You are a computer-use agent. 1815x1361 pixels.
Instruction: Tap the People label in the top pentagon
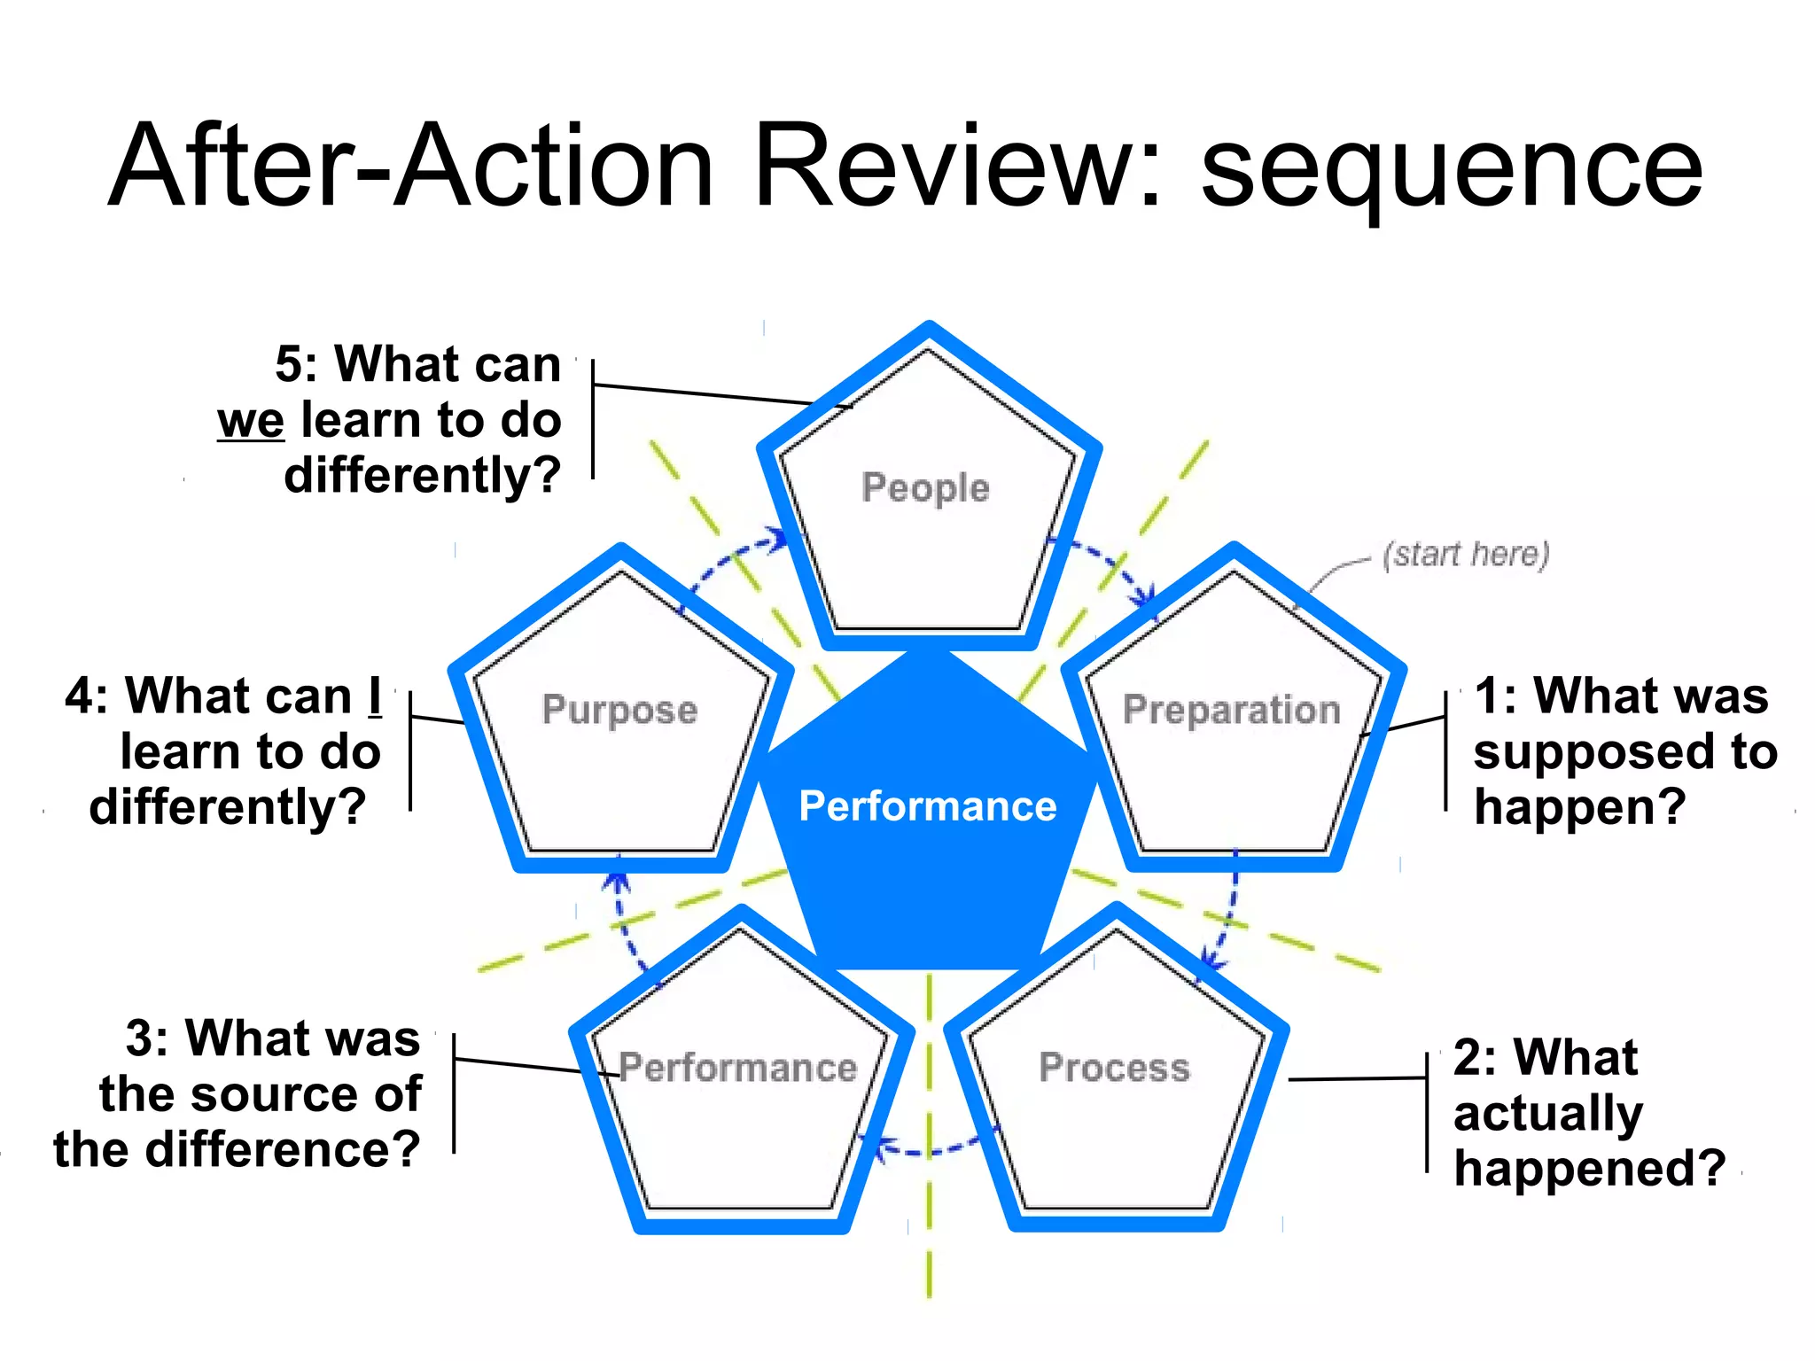[925, 488]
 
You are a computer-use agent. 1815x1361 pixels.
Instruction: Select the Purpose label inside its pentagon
[619, 711]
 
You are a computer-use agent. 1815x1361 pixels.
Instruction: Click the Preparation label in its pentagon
[1232, 710]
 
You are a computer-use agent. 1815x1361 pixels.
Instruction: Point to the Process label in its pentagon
[1114, 1067]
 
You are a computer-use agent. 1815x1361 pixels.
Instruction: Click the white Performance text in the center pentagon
[928, 806]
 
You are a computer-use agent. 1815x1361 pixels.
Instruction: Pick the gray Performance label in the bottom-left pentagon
[738, 1067]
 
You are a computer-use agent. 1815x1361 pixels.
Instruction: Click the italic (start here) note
[1466, 555]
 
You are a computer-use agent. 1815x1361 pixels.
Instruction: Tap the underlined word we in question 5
[251, 420]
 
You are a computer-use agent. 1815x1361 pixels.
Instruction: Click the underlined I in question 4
[375, 696]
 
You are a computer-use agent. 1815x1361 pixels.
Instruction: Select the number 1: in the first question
[1497, 696]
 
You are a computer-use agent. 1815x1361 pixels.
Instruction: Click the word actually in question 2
[1547, 1113]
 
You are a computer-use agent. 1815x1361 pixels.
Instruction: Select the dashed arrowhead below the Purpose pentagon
[617, 881]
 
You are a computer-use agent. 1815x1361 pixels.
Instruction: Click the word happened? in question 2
[1589, 1168]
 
